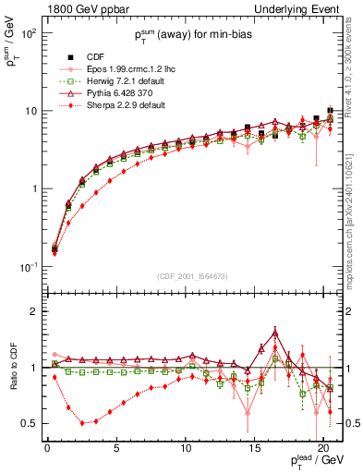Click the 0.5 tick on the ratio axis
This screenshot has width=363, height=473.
coord(30,423)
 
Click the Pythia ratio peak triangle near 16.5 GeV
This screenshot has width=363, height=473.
coord(275,334)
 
